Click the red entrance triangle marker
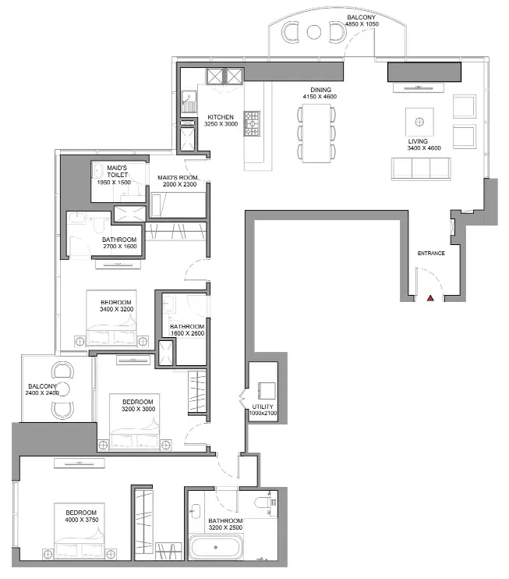click(x=430, y=298)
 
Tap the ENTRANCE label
click(x=431, y=254)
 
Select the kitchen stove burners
click(x=252, y=124)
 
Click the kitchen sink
click(x=189, y=101)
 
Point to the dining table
click(x=316, y=133)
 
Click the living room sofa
click(x=421, y=169)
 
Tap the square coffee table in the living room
click(x=419, y=122)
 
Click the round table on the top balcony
click(x=314, y=32)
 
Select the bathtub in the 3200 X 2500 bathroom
click(x=216, y=547)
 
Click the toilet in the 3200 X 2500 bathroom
click(x=262, y=503)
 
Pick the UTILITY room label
click(x=263, y=407)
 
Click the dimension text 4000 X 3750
click(x=82, y=520)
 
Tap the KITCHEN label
click(x=221, y=117)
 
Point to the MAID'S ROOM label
click(x=178, y=178)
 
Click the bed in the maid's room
click(x=178, y=205)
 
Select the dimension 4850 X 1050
click(x=362, y=24)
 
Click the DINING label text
click(x=320, y=90)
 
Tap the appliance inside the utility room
click(x=266, y=391)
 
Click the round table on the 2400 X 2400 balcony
click(x=62, y=389)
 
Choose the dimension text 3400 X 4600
click(x=424, y=148)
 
